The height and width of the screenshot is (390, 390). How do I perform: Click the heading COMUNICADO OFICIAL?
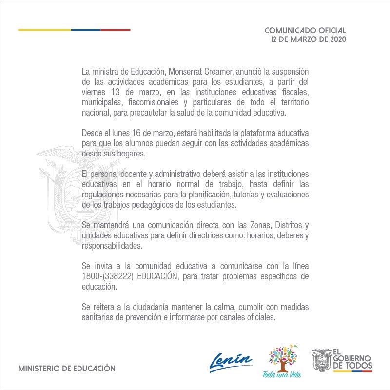click(305, 30)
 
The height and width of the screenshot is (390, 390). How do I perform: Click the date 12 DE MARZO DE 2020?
click(308, 39)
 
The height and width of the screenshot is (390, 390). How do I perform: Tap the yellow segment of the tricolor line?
click(44, 30)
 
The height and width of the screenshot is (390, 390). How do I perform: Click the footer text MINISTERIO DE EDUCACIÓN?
click(66, 369)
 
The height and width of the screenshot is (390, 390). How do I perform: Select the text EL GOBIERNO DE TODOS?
click(352, 359)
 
